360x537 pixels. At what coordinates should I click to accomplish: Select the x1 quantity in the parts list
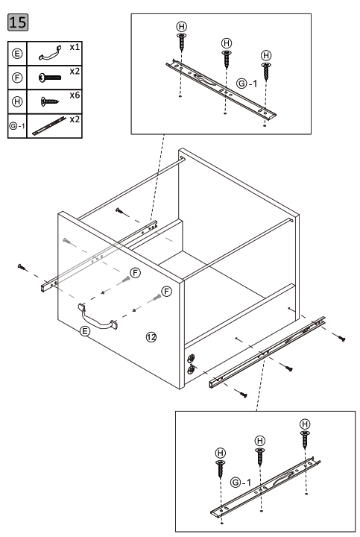[75, 46]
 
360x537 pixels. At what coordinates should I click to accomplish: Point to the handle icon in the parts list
[48, 54]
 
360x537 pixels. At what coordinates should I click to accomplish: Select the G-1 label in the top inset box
[246, 84]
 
